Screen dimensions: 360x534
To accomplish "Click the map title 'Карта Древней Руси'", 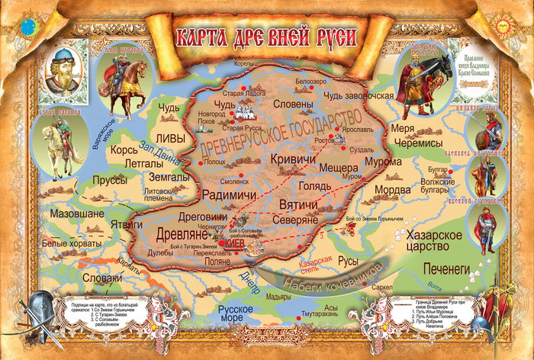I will tap(267, 37).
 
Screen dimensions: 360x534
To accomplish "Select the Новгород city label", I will tap(213, 114).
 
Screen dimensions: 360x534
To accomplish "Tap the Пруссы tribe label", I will tap(109, 180).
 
